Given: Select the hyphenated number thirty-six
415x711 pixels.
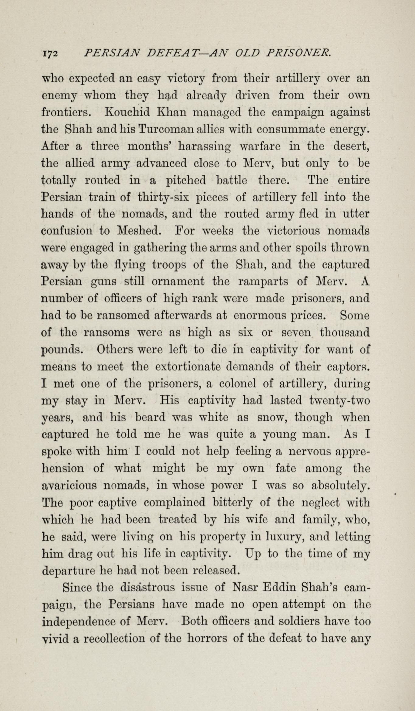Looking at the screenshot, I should pyautogui.click(x=163, y=198).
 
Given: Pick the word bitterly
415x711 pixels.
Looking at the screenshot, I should pyautogui.click(x=232, y=503).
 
